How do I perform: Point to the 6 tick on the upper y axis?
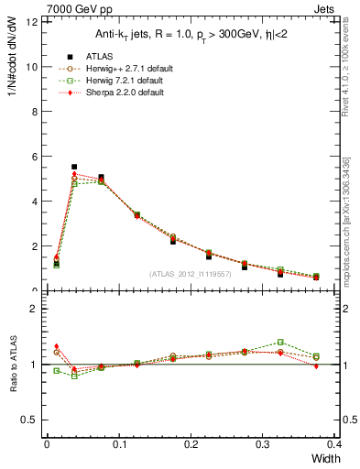pyautogui.click(x=36, y=157)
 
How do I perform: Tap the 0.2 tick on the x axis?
pyautogui.click(x=190, y=445)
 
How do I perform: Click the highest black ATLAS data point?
pyautogui.click(x=74, y=167)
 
